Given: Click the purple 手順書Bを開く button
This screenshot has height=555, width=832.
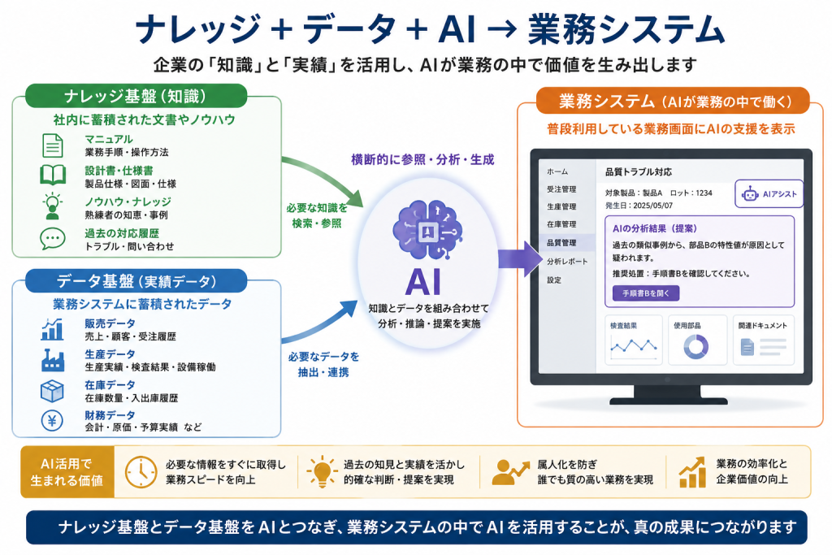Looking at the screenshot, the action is (646, 293).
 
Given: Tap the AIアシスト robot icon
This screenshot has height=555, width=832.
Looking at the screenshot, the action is (750, 193).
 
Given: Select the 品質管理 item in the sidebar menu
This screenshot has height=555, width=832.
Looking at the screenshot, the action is (561, 242).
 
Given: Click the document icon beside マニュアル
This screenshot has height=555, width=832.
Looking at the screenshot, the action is (53, 145).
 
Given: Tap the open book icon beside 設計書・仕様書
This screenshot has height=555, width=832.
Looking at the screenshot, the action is (53, 175).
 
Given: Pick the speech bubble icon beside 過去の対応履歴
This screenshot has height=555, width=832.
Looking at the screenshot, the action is (53, 239).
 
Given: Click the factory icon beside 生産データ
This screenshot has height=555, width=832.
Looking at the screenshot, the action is (53, 360).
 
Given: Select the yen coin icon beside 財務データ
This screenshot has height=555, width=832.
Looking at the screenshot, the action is (52, 421).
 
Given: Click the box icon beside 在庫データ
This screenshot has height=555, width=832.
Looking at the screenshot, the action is (52, 391).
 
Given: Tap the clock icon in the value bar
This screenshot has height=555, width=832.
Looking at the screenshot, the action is (141, 471).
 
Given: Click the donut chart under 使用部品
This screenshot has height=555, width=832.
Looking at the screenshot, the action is (696, 347).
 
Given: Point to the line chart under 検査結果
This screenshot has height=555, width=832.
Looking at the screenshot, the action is (634, 346).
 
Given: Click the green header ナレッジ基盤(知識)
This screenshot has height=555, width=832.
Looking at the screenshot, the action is (136, 96).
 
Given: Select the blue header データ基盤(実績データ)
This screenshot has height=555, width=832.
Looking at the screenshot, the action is (136, 280).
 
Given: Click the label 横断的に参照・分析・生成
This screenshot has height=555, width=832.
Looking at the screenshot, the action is (422, 160).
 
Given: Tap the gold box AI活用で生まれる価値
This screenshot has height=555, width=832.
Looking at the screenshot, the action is (67, 471).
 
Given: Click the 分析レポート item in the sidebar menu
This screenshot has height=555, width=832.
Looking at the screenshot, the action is (567, 261).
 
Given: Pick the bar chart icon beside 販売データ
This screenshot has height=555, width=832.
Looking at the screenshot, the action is (53, 329).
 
